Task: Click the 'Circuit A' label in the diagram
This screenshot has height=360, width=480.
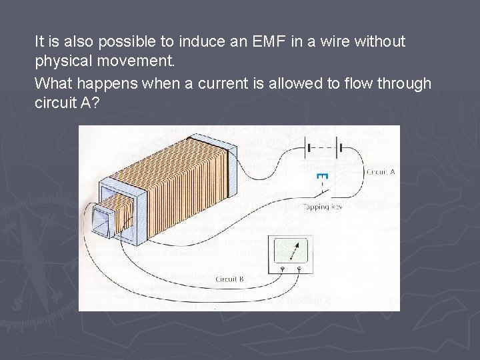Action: click(x=381, y=171)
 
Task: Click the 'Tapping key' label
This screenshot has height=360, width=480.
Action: click(x=323, y=207)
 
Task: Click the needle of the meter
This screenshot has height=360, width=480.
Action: click(x=291, y=253)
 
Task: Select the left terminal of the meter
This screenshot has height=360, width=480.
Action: click(x=283, y=269)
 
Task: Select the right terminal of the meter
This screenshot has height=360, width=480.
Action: click(x=299, y=269)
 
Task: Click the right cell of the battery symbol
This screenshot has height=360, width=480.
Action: click(x=339, y=145)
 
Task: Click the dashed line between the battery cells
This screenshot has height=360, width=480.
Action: click(x=323, y=145)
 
